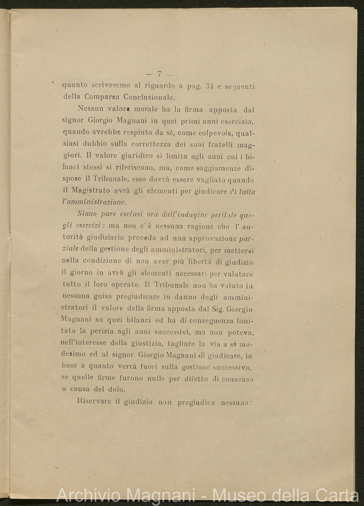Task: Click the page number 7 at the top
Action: (159, 74)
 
